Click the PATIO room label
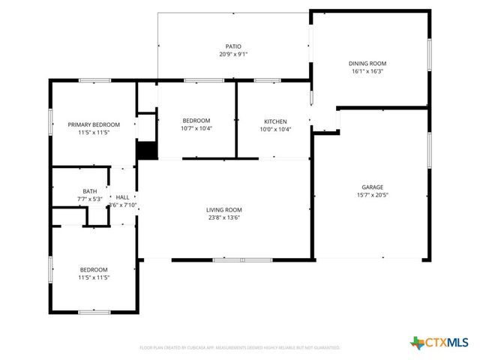(x=233, y=46)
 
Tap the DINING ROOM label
(x=367, y=64)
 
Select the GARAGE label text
(x=373, y=187)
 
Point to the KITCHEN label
(x=274, y=121)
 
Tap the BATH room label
(x=89, y=191)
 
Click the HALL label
(x=121, y=196)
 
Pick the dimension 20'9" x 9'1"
(x=233, y=54)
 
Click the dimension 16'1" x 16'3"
(x=367, y=72)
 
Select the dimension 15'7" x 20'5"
(x=373, y=195)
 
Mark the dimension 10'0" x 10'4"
(x=274, y=129)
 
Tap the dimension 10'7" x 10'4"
(x=196, y=129)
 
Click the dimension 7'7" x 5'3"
(x=89, y=199)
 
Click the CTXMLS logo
(x=439, y=343)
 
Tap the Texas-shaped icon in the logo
(x=415, y=343)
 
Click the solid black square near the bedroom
(x=147, y=150)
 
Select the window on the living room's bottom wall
(x=232, y=260)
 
